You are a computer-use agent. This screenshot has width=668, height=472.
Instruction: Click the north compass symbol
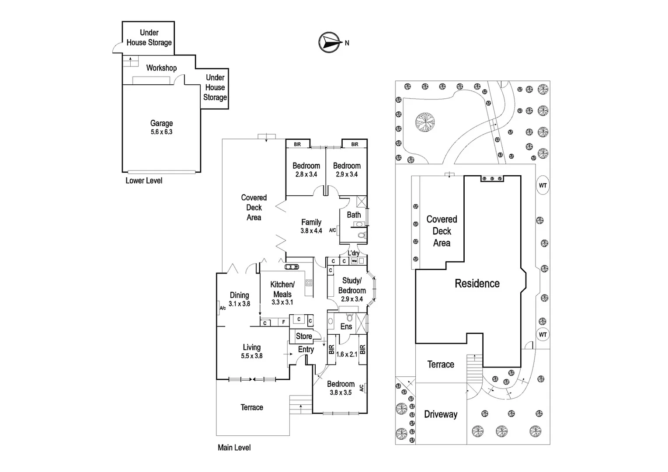tap(330, 42)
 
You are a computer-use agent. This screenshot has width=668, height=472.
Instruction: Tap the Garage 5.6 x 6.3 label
tap(161, 127)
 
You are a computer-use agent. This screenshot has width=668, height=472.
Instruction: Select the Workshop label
tap(161, 68)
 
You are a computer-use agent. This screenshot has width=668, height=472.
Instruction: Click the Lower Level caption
tap(144, 180)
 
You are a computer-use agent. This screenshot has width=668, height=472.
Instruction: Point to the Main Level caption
tap(234, 448)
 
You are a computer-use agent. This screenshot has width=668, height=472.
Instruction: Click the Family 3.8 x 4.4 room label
tap(311, 226)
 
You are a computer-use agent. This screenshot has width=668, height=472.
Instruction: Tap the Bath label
tap(354, 215)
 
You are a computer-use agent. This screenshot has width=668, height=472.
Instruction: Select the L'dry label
tap(354, 253)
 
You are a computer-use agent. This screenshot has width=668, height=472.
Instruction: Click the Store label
tap(304, 336)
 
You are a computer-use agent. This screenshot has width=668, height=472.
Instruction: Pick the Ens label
tap(346, 326)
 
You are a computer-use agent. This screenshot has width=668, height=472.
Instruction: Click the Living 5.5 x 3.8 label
tap(251, 351)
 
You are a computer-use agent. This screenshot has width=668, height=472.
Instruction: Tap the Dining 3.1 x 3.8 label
tap(239, 299)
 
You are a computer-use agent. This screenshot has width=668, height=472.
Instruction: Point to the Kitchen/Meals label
tap(282, 293)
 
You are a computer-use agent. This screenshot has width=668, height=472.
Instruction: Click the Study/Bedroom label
tap(351, 289)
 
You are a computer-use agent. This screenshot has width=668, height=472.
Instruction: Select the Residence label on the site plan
tap(477, 284)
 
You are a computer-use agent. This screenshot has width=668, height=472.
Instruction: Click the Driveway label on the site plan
tap(441, 414)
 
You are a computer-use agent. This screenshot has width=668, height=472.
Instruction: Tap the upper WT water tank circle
tap(543, 185)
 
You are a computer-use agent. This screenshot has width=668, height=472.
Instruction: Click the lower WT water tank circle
tap(543, 335)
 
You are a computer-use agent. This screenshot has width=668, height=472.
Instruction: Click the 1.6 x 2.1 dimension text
tap(346, 354)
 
